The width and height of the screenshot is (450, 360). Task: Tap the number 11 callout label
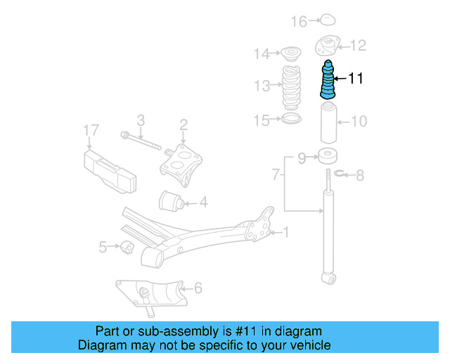coord(356,79)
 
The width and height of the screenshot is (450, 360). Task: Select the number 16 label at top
coord(300,22)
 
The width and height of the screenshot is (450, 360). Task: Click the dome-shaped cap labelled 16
coord(328,20)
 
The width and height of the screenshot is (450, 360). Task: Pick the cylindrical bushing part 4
coord(172,201)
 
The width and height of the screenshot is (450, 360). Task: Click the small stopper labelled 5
coord(128,247)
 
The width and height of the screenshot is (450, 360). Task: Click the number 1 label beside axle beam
coord(286,231)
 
